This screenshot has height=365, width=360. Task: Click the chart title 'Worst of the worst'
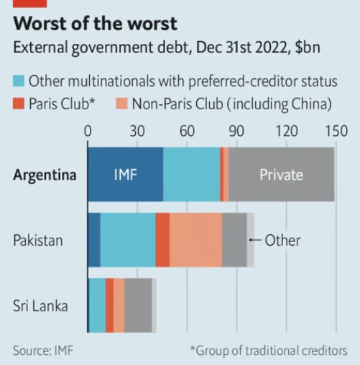coord(95,24)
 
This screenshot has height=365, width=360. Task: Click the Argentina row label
coord(45,175)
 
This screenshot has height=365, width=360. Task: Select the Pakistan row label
coord(38,241)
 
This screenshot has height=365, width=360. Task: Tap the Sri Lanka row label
coord(41,306)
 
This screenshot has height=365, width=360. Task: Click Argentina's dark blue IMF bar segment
coord(125,175)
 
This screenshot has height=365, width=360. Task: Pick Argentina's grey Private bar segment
coord(281,175)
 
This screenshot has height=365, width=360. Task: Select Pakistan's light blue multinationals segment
coord(128,240)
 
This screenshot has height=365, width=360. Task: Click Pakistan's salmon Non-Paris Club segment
coord(195,240)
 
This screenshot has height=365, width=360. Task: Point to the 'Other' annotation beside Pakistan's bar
coord(282,241)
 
